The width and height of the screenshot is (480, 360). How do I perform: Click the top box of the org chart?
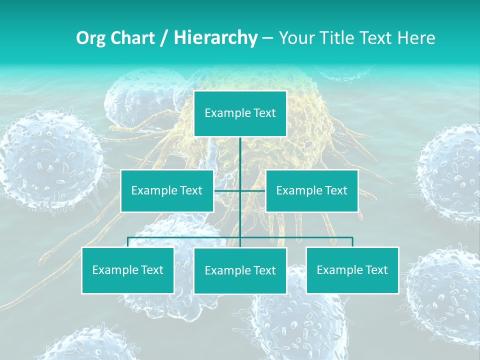[x=240, y=113]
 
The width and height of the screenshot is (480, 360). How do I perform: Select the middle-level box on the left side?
[x=167, y=190]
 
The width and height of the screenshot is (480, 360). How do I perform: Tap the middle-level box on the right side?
[x=311, y=190]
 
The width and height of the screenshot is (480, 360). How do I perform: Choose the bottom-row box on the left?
[x=128, y=270]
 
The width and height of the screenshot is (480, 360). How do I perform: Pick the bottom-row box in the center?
[x=240, y=270]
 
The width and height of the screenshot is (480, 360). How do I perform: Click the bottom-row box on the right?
[x=352, y=270]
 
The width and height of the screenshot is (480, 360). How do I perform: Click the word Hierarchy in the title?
[x=215, y=37]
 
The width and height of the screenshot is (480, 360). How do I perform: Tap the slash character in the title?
[x=163, y=38]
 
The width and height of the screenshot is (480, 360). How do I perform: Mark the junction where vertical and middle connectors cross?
[x=240, y=190]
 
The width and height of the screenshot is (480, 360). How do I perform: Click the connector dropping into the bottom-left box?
[x=128, y=242]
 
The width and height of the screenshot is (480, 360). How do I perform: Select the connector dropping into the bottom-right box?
[x=352, y=242]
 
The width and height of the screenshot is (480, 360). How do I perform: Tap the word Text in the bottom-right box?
[x=376, y=270]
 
